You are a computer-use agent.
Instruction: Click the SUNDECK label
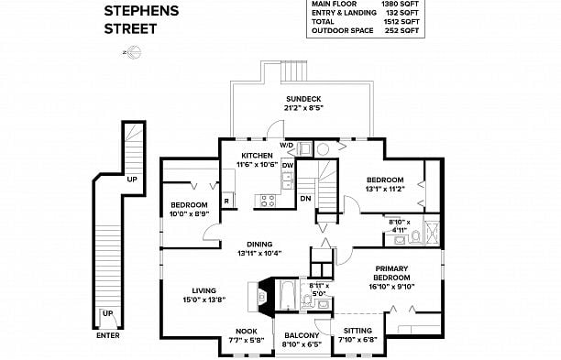[303, 99]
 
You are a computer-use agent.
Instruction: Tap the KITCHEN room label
[257, 156]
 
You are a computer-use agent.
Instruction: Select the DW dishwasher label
[288, 165]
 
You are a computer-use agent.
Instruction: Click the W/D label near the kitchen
[286, 145]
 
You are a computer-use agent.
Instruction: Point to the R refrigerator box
[226, 201]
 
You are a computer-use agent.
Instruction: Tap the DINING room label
[259, 245]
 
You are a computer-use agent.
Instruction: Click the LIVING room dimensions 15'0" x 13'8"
[203, 300]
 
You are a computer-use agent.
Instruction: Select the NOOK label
[247, 332]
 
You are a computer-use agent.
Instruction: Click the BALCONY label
[302, 335]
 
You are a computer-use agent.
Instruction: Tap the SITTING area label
[357, 331]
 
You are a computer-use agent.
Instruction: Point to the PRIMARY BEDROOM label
[391, 273]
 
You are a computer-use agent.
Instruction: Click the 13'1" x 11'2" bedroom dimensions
[385, 189]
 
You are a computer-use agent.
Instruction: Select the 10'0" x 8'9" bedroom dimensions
[189, 213]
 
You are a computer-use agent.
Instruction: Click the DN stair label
[305, 199]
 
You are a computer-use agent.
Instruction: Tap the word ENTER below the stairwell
[108, 335]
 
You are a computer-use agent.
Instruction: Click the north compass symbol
[133, 52]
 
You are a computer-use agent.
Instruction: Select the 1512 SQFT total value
[401, 21]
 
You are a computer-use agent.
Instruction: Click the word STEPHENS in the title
[141, 11]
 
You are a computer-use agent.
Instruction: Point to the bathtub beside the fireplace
[287, 296]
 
